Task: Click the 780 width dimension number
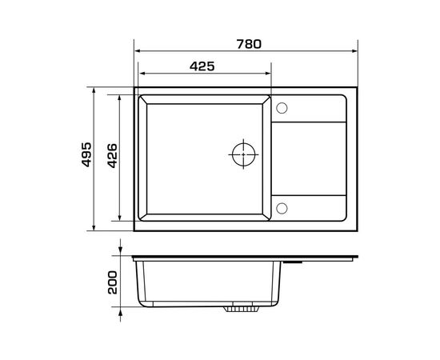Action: coord(249,44)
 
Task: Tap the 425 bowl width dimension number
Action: coord(202,66)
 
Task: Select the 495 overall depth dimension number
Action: coord(86,154)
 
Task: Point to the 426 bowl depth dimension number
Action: coord(113,156)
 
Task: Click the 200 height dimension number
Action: coord(113,282)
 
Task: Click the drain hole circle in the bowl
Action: coord(243,154)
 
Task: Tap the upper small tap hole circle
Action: coord(282,108)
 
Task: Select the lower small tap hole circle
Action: coord(282,208)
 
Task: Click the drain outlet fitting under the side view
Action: coord(241,309)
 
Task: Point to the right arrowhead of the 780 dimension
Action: coord(355,51)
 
